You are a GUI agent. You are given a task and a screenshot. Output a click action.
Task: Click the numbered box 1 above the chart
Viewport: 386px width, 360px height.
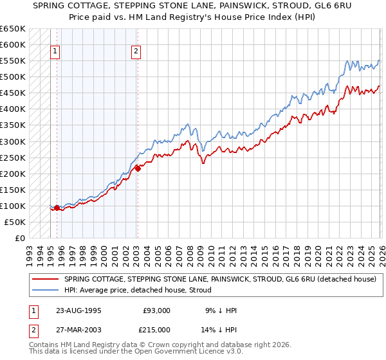55,53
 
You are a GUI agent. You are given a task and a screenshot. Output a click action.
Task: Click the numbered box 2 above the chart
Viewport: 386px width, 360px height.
137,53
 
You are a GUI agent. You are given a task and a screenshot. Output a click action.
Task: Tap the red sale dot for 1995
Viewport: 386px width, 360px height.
57,208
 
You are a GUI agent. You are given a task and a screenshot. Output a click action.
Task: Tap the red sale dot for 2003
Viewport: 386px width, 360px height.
137,168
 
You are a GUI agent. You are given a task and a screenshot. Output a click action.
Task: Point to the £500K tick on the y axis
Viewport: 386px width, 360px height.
12,77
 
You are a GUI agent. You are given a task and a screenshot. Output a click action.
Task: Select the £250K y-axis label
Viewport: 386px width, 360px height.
12,157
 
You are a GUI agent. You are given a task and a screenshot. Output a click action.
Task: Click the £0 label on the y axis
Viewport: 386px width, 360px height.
20,238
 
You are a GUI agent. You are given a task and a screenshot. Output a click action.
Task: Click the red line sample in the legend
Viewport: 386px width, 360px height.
45,280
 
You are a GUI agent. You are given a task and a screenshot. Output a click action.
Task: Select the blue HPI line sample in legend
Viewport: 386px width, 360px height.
45,289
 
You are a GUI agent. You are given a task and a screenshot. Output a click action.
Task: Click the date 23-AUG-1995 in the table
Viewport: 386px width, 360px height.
79,311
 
